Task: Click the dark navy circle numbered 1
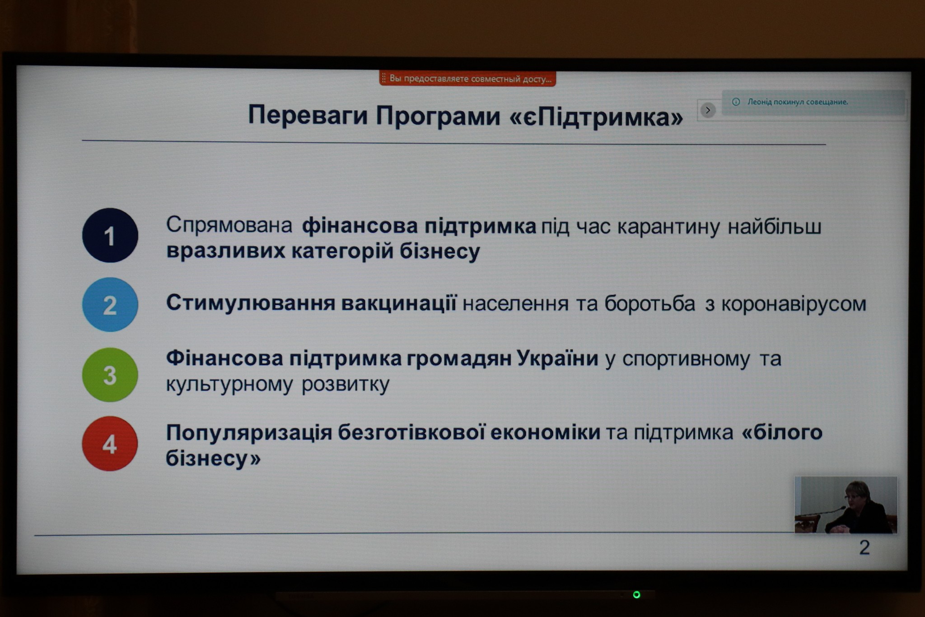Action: click(x=110, y=235)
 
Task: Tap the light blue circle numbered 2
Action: click(x=110, y=305)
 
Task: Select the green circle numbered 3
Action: click(x=110, y=375)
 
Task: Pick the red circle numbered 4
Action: click(x=110, y=443)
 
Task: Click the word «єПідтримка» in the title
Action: click(x=596, y=117)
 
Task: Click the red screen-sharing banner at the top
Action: click(x=467, y=79)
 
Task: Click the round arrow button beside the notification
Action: click(x=708, y=110)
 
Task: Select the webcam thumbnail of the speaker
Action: click(x=846, y=505)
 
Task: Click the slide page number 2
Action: click(x=864, y=548)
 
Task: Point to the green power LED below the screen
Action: click(x=636, y=594)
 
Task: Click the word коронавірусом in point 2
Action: click(x=794, y=304)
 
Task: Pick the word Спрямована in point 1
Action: click(x=229, y=225)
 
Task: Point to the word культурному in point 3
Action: click(x=229, y=385)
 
